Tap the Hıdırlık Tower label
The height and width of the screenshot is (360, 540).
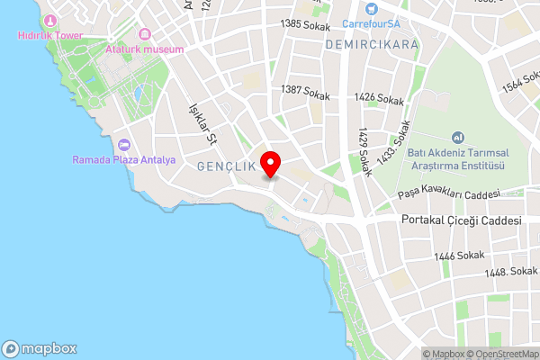[49, 35]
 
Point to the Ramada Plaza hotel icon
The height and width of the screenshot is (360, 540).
[124, 145]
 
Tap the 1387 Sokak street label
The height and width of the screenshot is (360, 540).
[306, 92]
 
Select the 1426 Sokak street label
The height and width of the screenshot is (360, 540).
[378, 97]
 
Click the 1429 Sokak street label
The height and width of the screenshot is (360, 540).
[364, 151]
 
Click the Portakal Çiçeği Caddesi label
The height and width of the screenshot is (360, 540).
[462, 220]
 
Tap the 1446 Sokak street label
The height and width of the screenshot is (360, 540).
[459, 256]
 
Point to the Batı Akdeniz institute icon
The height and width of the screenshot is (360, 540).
[458, 138]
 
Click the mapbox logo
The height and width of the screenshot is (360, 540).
[40, 348]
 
